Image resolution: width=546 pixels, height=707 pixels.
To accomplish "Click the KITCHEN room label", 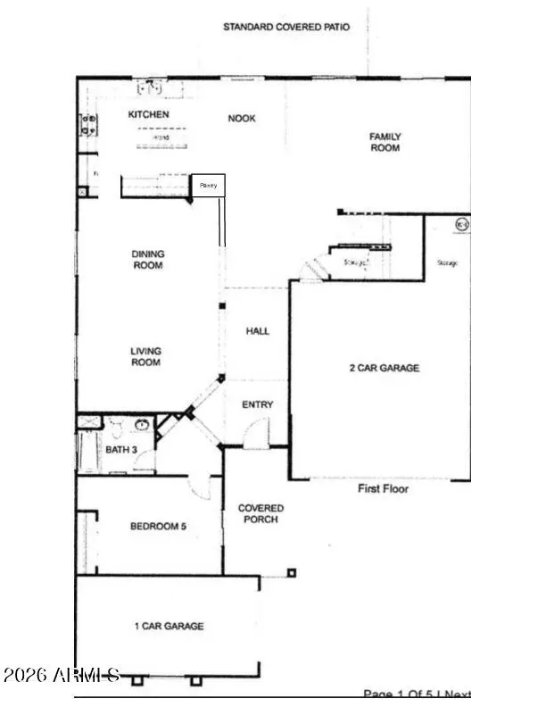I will pyautogui.click(x=148, y=115).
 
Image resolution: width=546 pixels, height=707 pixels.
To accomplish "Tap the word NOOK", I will pyautogui.click(x=242, y=118).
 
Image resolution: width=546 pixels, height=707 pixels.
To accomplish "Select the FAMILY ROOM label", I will pyautogui.click(x=385, y=142).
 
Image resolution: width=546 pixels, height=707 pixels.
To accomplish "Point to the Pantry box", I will pyautogui.click(x=209, y=186).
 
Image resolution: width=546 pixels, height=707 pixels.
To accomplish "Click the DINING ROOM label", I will pyautogui.click(x=148, y=260).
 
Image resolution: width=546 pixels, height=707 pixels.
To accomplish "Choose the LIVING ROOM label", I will pyautogui.click(x=146, y=356).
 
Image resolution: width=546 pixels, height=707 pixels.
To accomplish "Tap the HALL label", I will pyautogui.click(x=258, y=331).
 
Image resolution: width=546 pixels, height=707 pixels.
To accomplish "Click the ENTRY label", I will pyautogui.click(x=258, y=405).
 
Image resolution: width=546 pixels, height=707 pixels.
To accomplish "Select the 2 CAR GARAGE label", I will pyautogui.click(x=384, y=368).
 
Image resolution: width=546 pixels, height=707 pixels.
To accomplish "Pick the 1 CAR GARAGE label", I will pyautogui.click(x=169, y=627).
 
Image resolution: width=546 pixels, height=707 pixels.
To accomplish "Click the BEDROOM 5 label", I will pyautogui.click(x=158, y=527).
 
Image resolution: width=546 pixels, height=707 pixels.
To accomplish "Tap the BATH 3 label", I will pyautogui.click(x=121, y=449).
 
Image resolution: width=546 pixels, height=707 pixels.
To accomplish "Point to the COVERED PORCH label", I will pyautogui.click(x=261, y=513).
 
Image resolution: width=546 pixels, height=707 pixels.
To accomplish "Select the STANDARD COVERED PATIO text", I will pyautogui.click(x=286, y=28).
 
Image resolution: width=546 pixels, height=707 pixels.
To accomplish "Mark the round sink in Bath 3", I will pyautogui.click(x=142, y=425).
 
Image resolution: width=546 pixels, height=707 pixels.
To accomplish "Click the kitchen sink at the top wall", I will pyautogui.click(x=152, y=87).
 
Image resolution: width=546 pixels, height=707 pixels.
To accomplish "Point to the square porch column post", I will pyautogui.click(x=291, y=573).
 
